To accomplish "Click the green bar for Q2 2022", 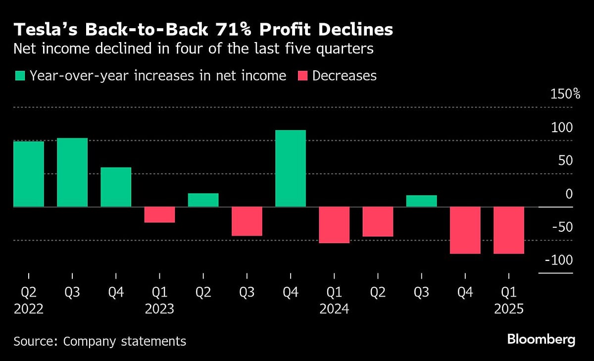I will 29,174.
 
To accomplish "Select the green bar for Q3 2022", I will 72,172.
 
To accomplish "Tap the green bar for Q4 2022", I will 116,187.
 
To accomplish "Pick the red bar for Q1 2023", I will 159,214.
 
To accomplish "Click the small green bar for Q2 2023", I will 203,200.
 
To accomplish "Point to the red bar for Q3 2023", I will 247,221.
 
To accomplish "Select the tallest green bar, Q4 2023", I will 291,168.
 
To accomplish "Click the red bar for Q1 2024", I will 334,225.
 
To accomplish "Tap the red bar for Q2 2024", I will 378,221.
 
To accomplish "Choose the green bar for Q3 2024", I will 421,201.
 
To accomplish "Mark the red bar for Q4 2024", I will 465,230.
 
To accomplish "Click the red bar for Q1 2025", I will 509,230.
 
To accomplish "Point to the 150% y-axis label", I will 565,94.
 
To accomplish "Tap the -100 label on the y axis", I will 558,260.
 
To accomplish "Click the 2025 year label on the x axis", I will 508,309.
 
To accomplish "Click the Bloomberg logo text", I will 541,340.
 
